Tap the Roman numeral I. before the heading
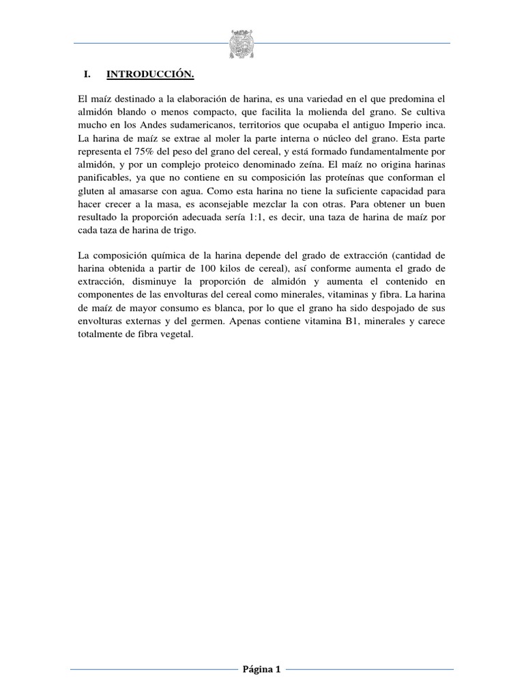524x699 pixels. click(x=86, y=73)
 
